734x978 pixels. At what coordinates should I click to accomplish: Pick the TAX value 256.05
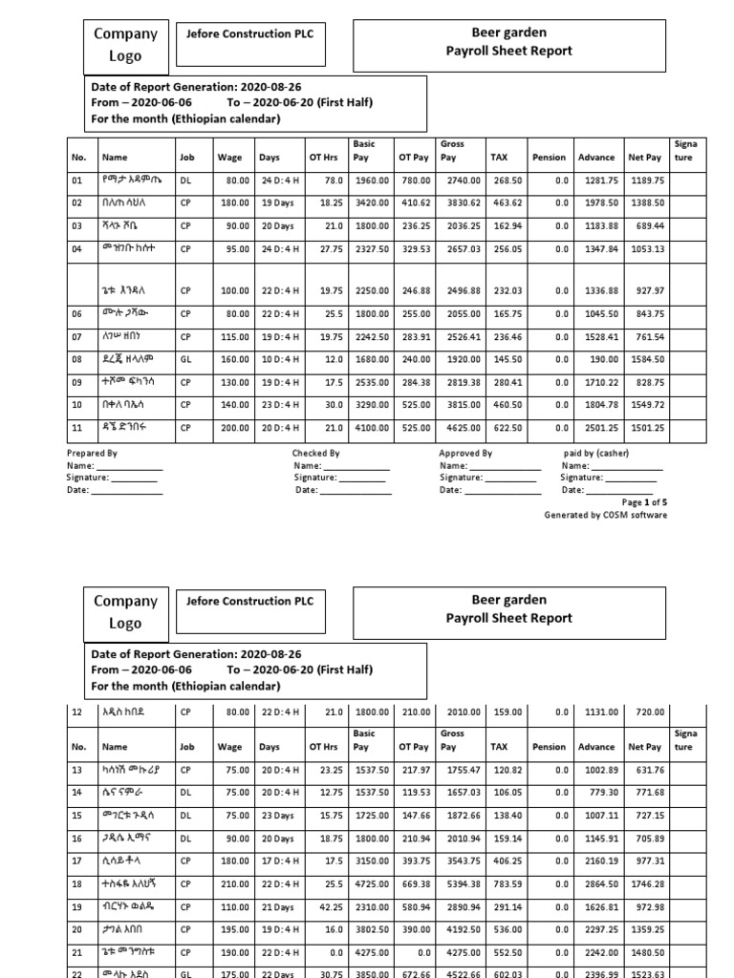pos(506,249)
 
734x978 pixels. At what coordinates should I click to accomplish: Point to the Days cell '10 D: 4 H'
pos(277,359)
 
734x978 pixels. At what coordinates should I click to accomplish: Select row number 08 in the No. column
pos(78,359)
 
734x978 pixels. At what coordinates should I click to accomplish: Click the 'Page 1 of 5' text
pos(644,501)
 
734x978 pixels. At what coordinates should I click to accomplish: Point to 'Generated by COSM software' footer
pos(606,515)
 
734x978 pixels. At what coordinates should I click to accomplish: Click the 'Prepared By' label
pos(93,454)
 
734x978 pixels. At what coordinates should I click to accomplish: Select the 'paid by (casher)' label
pos(596,453)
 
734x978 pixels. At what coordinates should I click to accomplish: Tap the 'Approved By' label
pos(465,454)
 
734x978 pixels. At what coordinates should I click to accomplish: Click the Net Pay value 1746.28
pos(647,884)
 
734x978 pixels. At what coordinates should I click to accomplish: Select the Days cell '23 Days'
pos(275,816)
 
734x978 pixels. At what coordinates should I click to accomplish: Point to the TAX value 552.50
pos(506,953)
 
